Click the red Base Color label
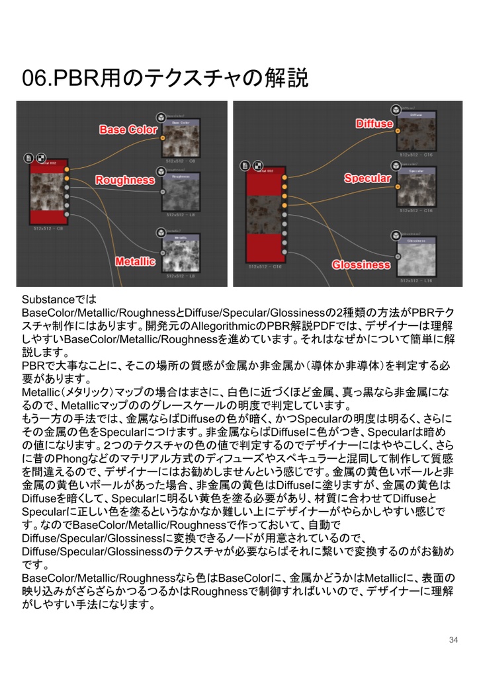click(x=128, y=130)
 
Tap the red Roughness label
click(x=124, y=180)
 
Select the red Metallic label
click(x=134, y=262)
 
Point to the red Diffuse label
click(x=374, y=124)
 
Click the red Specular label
click(x=367, y=179)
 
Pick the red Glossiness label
click(x=361, y=264)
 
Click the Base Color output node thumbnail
click(x=181, y=139)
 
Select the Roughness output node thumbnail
click(x=181, y=192)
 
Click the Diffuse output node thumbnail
click(x=416, y=132)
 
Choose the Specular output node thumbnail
click(x=416, y=187)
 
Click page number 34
click(x=453, y=639)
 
